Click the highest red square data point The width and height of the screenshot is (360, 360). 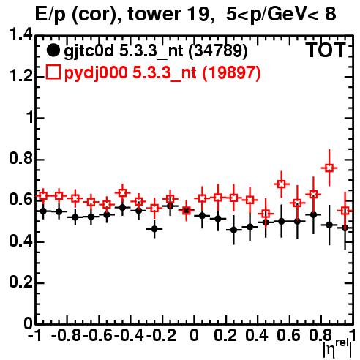click(329, 168)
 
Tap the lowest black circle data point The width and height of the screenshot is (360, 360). click(154, 229)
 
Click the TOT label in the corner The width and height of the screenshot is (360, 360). click(326, 50)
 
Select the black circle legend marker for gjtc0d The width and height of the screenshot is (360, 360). click(53, 50)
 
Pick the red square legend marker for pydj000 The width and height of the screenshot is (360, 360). click(53, 72)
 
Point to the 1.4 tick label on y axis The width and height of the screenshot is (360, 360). click(20, 34)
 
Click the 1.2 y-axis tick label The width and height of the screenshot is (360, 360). click(20, 76)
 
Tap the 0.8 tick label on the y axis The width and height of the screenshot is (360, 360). click(20, 158)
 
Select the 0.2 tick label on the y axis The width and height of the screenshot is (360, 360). click(20, 282)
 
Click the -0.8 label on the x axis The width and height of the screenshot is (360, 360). click(66, 335)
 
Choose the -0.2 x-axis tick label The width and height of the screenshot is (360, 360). click(161, 335)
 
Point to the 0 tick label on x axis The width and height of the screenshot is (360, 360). click(194, 335)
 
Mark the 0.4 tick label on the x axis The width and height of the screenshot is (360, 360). click(257, 335)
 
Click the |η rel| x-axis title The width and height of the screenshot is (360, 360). click(337, 348)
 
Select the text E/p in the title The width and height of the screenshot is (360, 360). click(50, 15)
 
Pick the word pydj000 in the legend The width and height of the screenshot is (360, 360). click(96, 73)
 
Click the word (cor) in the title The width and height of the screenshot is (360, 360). click(96, 15)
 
